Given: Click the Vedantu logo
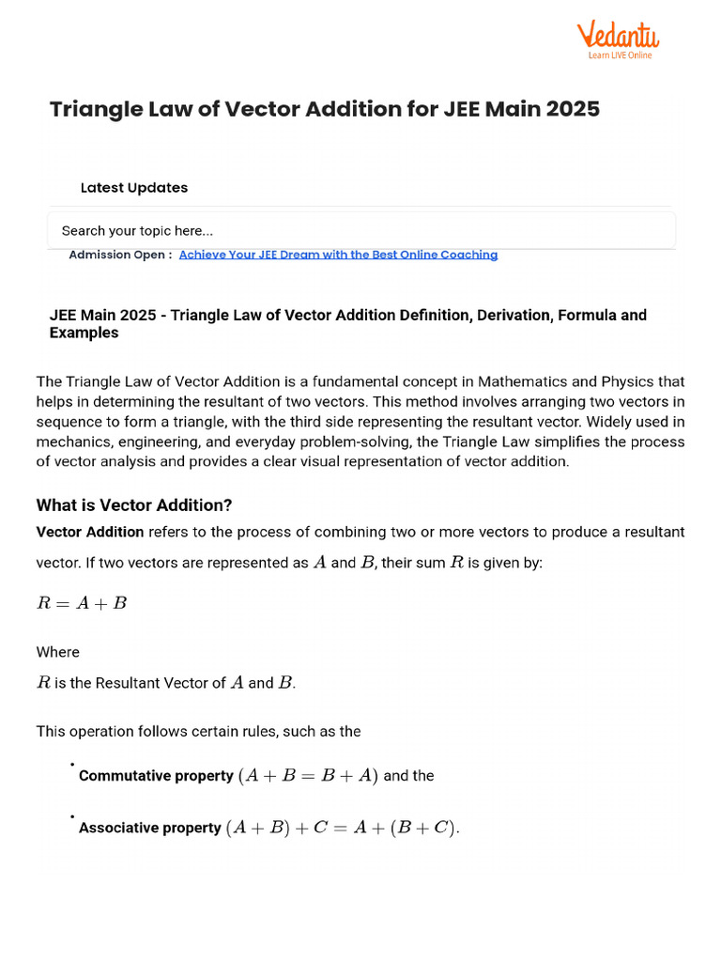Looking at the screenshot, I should click(x=617, y=36).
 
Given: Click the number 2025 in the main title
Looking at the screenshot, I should click(x=566, y=109).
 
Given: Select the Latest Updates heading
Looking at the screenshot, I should click(x=134, y=188).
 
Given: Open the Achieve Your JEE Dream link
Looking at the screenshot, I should click(x=338, y=255).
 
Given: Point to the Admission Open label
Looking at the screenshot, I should click(x=119, y=255).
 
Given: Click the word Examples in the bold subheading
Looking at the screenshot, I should click(x=84, y=333).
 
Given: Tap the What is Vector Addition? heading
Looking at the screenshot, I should click(x=134, y=505).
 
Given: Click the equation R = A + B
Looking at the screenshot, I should click(x=82, y=603).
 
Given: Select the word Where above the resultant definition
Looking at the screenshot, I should click(x=57, y=652).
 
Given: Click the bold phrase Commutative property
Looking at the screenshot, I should click(x=156, y=776).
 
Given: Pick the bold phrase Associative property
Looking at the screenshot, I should click(x=150, y=829).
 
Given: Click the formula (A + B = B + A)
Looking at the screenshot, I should click(x=308, y=776).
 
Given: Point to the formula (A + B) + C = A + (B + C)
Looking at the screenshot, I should click(x=343, y=829).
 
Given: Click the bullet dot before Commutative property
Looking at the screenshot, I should click(x=72, y=766).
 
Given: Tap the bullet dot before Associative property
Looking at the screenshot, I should click(x=72, y=818).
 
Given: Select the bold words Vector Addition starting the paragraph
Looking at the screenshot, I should click(x=90, y=532).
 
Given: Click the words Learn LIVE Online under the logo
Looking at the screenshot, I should click(x=620, y=55).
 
